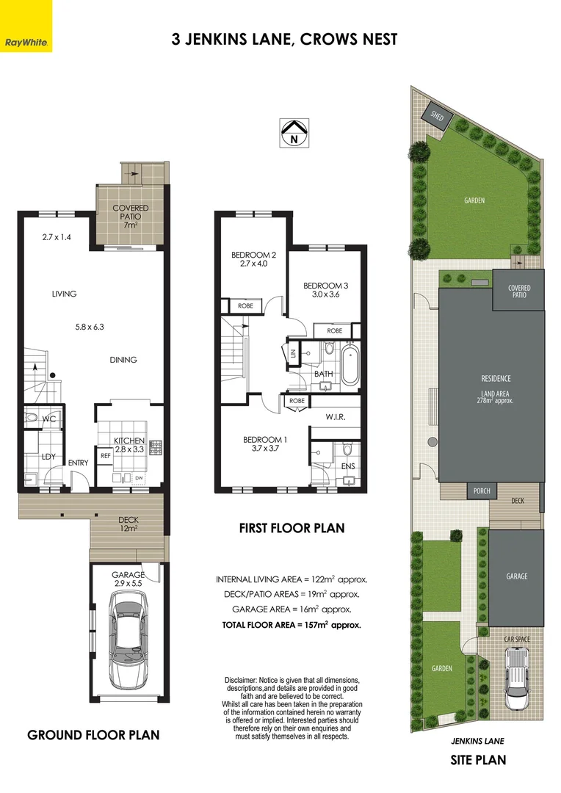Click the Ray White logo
pos(26,26)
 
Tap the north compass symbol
pos(294,133)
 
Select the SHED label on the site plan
pos(438,116)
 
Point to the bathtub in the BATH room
pos(347,364)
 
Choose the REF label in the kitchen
pos(105,456)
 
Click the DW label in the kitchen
pos(139,478)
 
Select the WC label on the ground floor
pos(49,420)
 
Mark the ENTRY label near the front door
pos(78,463)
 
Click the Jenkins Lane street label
pos(477,742)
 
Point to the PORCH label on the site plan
pos(481,491)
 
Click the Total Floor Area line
pos(292,626)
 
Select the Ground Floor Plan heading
pos(93,735)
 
